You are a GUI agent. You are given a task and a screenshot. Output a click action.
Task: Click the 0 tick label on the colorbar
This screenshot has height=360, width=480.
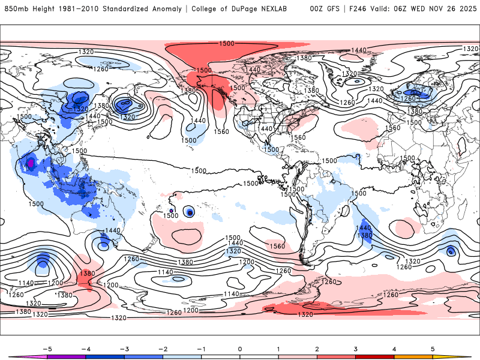tap(239, 349)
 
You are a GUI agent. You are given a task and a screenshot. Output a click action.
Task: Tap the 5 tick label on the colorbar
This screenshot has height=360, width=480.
tap(433, 349)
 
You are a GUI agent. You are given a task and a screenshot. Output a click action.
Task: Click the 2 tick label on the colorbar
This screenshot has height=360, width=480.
tap(317, 349)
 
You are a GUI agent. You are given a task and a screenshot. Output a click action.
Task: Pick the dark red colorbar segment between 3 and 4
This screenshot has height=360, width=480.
tap(374, 356)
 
